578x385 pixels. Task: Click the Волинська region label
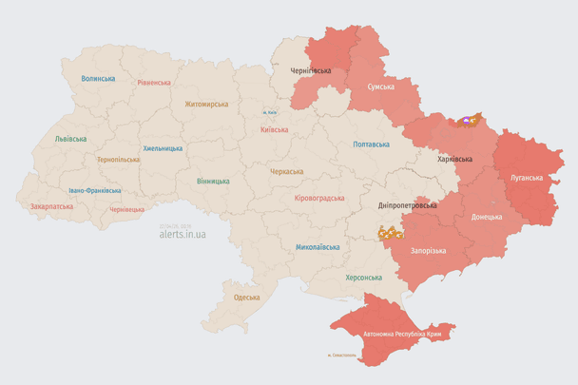(98, 79)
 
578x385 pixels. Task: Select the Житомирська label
(206, 104)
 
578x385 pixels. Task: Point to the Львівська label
(70, 139)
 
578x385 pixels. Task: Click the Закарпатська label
(51, 205)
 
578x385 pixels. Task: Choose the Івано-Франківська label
(93, 190)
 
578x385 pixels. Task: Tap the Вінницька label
(213, 181)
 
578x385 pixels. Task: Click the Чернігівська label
(310, 70)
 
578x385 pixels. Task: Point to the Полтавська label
(371, 144)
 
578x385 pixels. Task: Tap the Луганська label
(527, 177)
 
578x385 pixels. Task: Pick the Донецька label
(487, 217)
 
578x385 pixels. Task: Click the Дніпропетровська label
(407, 205)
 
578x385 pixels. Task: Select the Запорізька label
(428, 249)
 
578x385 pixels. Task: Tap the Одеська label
(247, 298)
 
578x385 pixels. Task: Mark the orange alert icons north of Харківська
(469, 122)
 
